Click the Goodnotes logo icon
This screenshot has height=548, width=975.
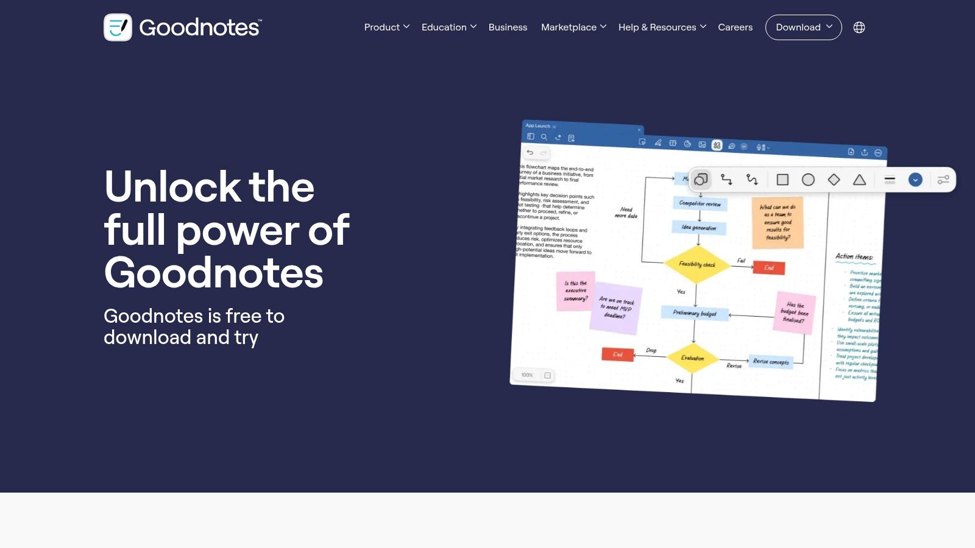coord(118,27)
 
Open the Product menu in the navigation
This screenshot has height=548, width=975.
coord(386,27)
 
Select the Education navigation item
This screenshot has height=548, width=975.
coord(448,27)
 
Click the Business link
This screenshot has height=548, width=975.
coord(508,27)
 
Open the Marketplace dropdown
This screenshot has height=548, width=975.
coord(573,27)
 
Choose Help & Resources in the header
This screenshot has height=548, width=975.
coord(662,27)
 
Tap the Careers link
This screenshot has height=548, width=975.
coord(735,27)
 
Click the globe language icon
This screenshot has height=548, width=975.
coord(859,27)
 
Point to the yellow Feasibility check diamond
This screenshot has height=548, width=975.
coord(697,264)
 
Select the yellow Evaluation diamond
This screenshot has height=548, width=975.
coord(692,358)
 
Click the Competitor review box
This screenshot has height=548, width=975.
coord(700,204)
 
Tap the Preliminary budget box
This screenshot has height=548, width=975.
coord(694,313)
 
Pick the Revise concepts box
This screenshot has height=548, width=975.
coord(771,362)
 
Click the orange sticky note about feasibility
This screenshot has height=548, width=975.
coord(778,222)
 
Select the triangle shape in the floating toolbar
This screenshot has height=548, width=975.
coord(859,180)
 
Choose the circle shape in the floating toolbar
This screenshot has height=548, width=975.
coord(808,180)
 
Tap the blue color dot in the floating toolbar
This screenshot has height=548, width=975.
coord(915,180)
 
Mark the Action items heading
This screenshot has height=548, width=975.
coord(854,257)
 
